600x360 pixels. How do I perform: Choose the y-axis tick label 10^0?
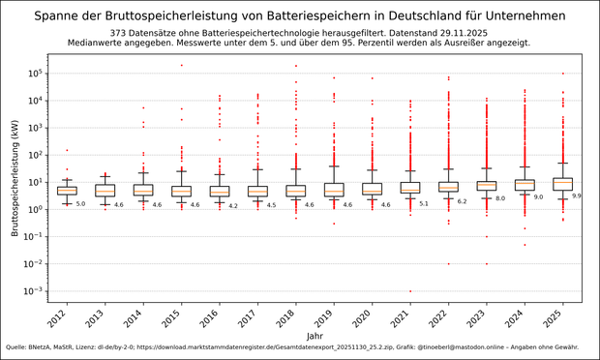tap(38, 209)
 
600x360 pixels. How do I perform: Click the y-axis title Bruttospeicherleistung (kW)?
tap(16, 181)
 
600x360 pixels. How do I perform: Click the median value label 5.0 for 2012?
tap(81, 204)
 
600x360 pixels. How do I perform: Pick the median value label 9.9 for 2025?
tap(577, 195)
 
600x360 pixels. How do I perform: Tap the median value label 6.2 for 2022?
tap(462, 201)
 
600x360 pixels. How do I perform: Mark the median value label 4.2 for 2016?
tap(233, 205)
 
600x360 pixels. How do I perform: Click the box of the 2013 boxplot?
tap(105, 190)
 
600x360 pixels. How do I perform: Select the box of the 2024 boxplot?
tap(525, 184)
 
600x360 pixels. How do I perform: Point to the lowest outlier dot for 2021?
tap(409, 291)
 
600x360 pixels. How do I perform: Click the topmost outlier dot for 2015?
tap(181, 66)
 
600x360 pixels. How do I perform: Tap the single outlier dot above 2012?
tap(67, 150)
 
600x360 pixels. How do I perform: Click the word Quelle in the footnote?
tap(17, 346)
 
